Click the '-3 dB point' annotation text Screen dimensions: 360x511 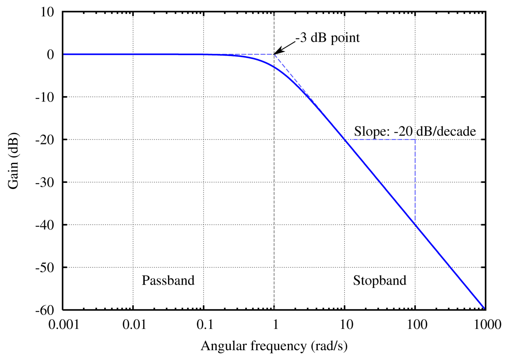(x=327, y=39)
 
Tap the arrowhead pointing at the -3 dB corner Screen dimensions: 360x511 (x=276, y=53)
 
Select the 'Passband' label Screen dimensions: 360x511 (x=168, y=281)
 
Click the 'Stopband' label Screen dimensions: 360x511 (x=380, y=281)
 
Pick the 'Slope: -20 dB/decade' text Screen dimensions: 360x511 (x=415, y=132)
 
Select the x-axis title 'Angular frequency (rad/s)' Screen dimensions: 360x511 (x=274, y=346)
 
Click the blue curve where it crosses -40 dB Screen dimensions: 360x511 (x=415, y=225)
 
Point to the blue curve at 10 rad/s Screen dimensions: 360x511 (x=345, y=140)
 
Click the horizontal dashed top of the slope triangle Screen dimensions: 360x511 (x=380, y=139)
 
